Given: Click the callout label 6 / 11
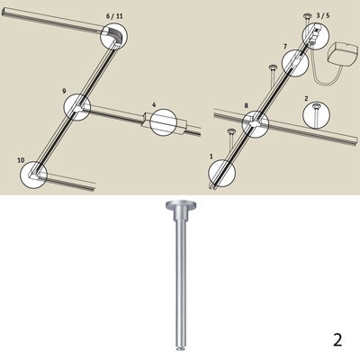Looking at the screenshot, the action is pos(114,16).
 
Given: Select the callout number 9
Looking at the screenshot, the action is pos(64,91).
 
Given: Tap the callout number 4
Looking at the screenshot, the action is pos(154,104).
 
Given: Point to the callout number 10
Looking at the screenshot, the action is pos(21,160).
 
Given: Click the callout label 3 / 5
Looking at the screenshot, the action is pos(323,16).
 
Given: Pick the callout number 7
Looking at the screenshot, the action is pos(285,46).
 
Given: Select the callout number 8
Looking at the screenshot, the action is pos(247,105).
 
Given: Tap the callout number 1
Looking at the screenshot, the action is pos(211,157).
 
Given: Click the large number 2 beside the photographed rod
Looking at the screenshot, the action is pos(337,340).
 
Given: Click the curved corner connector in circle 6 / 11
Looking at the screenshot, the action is pos(114,35).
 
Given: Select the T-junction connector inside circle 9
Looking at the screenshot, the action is pos(78,107).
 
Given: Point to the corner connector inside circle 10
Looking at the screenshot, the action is pos(35,174).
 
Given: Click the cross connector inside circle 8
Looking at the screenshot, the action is pos(256,123).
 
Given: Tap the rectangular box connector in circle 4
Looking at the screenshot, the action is pos(165,123).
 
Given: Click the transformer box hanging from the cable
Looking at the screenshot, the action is pos(345,57).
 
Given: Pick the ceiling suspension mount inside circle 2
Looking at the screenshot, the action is pos(316,114).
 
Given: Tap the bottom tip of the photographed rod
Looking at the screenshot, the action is pos(179,348).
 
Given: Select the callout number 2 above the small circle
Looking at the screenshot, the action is pos(306,98).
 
